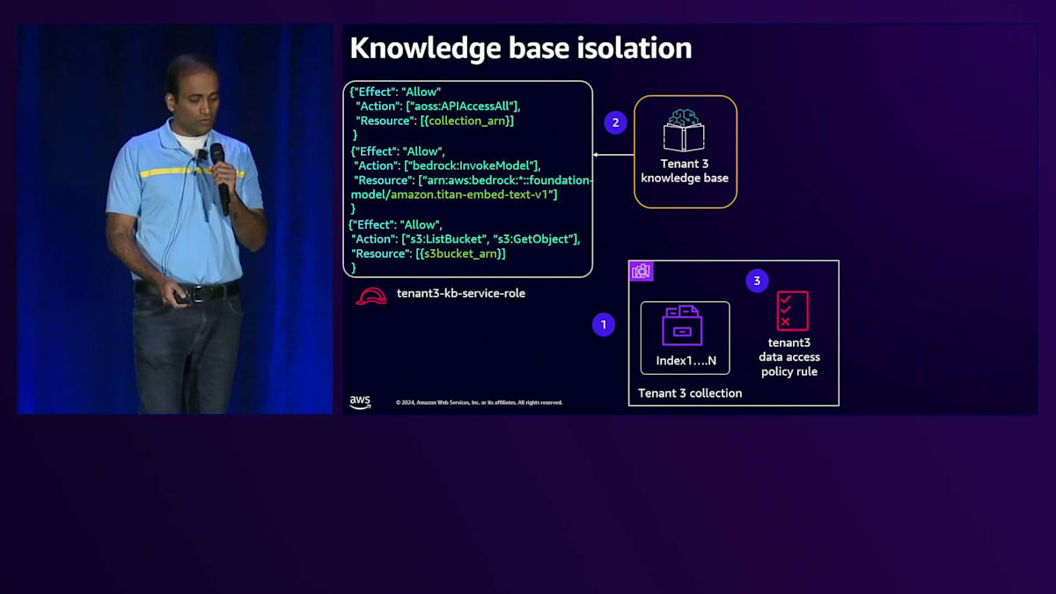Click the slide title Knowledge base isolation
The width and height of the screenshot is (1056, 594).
click(521, 48)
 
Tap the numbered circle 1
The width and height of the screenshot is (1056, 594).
click(603, 325)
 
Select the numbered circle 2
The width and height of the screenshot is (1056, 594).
click(615, 122)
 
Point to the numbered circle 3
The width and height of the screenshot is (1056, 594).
click(757, 281)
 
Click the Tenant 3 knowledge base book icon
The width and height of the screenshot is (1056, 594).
click(685, 131)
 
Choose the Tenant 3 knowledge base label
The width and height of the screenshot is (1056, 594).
click(685, 171)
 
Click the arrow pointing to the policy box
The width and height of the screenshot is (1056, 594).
click(613, 155)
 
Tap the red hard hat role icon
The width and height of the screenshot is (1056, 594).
click(370, 296)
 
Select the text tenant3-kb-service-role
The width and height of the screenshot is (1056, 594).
click(460, 293)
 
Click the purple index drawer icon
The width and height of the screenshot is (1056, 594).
click(682, 326)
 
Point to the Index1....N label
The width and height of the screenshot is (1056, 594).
click(686, 361)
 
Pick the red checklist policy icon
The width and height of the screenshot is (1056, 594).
click(791, 311)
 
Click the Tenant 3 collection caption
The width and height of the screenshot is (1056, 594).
click(690, 393)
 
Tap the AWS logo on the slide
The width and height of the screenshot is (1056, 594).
click(360, 401)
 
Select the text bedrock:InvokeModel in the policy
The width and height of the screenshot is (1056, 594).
click(473, 165)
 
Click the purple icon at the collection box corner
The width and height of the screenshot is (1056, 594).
click(642, 271)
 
